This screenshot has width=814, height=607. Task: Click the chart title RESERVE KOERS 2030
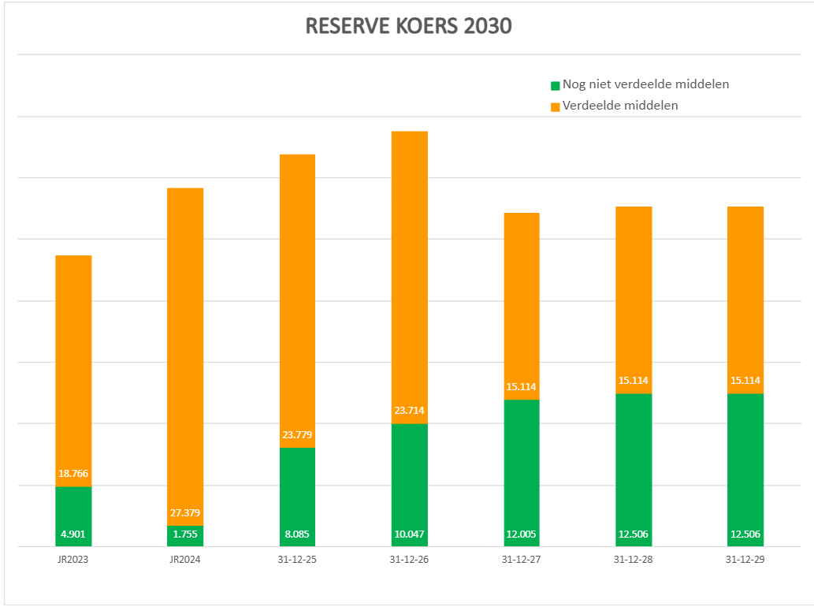(x=408, y=26)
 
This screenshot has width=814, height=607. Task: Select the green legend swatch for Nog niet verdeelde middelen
(x=556, y=85)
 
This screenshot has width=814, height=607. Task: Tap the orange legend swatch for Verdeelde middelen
(x=556, y=106)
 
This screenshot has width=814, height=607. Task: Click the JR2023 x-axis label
(x=73, y=559)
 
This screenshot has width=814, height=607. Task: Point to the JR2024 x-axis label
(x=185, y=559)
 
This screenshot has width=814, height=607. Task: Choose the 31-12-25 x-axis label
(x=297, y=559)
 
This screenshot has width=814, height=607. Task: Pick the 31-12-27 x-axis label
(x=521, y=559)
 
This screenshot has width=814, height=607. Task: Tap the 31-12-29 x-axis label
(x=745, y=559)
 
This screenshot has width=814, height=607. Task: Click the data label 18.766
(x=73, y=474)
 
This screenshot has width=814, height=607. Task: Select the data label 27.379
(x=185, y=513)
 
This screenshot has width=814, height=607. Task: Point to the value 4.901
(x=73, y=534)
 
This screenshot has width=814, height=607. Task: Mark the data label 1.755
(x=185, y=534)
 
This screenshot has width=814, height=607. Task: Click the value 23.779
(x=297, y=435)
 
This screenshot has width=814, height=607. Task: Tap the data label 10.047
(x=409, y=534)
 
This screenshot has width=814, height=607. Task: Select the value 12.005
(x=521, y=534)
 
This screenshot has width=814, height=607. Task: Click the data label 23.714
(x=409, y=411)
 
